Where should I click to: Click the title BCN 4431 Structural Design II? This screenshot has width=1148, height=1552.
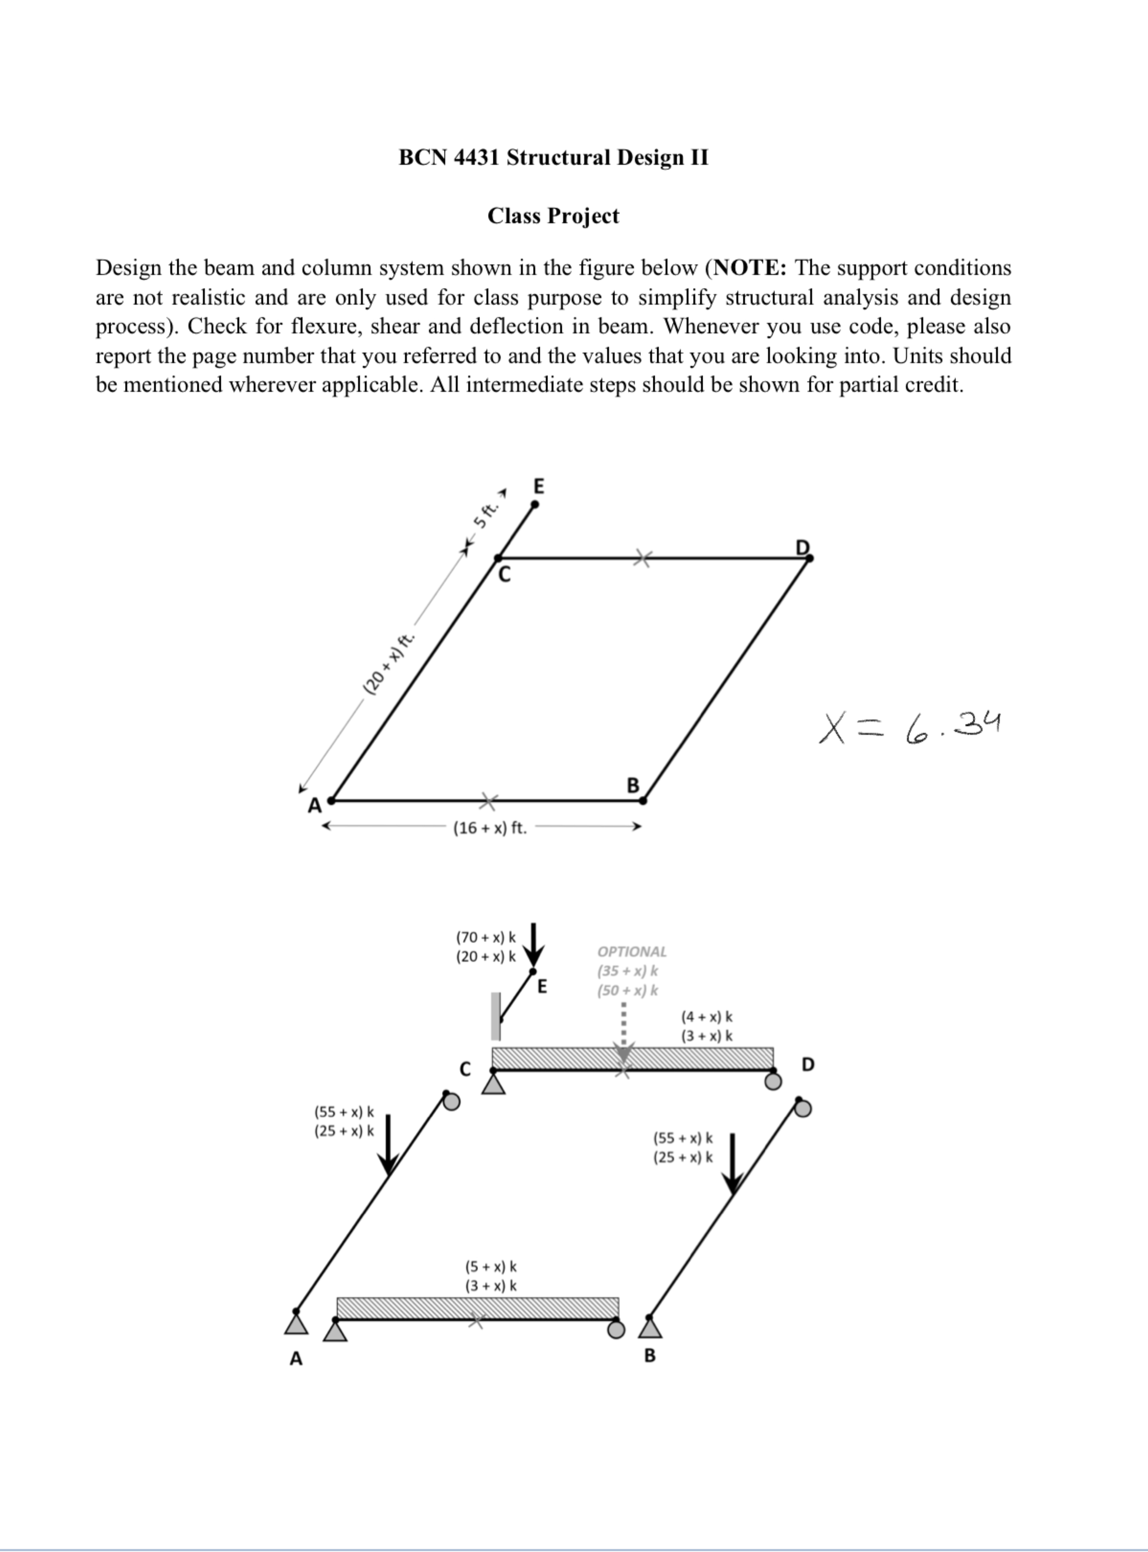553,158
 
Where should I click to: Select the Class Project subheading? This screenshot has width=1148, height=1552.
553,216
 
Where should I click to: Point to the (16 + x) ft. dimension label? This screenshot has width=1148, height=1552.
490,828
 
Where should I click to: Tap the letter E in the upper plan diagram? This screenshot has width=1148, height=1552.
539,486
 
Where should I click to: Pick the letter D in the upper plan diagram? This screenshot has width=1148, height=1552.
803,548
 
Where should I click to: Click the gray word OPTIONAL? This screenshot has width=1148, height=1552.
632,951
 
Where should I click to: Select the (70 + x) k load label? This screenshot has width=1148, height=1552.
486,937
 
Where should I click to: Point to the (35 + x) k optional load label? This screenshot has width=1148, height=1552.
627,971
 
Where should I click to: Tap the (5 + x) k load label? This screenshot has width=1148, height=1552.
490,1267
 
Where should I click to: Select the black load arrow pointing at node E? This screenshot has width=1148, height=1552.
534,943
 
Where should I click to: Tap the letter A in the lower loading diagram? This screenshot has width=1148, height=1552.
296,1358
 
